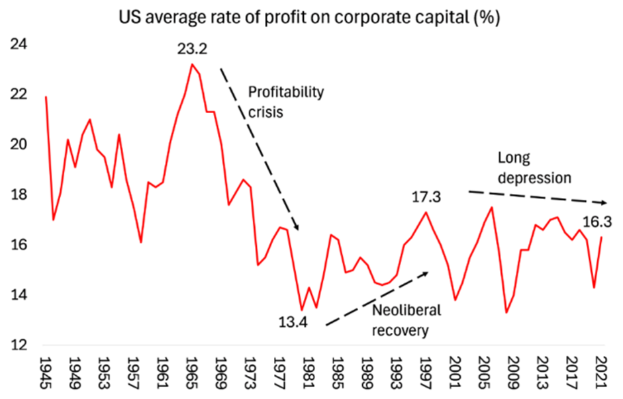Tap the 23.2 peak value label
pyautogui.click(x=192, y=49)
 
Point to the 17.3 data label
pyautogui.click(x=426, y=197)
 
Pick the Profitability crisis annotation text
pyautogui.click(x=285, y=102)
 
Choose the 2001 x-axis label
pyautogui.click(x=454, y=371)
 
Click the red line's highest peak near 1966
pyautogui.click(x=191, y=64)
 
